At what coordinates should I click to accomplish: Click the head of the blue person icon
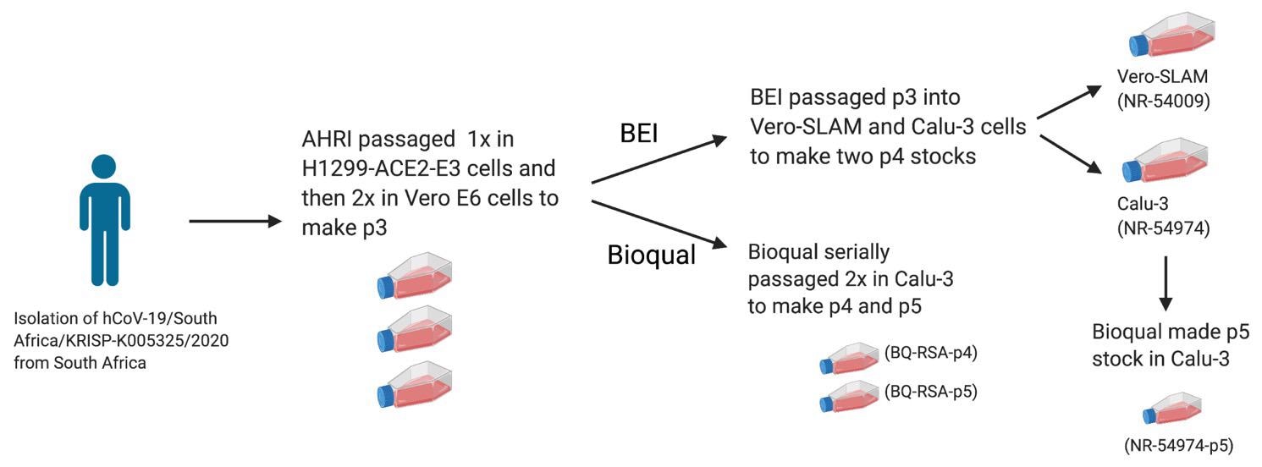click(x=105, y=169)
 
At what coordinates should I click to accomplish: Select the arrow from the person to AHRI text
click(x=234, y=222)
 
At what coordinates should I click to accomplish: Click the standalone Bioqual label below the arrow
click(x=652, y=255)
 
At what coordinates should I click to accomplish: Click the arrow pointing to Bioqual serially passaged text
click(x=660, y=224)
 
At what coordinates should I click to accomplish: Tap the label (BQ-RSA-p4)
click(x=929, y=354)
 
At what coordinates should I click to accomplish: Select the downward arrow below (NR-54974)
click(x=1166, y=286)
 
